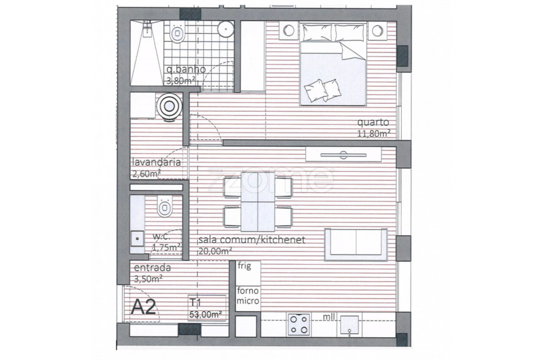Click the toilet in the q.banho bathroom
click(177, 33)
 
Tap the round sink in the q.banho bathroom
click(226, 28)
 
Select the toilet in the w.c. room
click(165, 206)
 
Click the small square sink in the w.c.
click(138, 239)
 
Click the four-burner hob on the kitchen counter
click(299, 324)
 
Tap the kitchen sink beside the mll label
click(351, 326)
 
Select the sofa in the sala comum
click(355, 244)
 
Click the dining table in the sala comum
click(258, 202)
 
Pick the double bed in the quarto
click(333, 64)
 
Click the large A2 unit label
click(144, 306)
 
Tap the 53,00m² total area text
click(205, 315)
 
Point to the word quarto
click(373, 122)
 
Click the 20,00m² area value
click(215, 251)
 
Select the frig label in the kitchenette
click(244, 266)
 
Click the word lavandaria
click(156, 162)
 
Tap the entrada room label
click(153, 268)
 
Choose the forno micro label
click(248, 296)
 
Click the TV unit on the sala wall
click(343, 155)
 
